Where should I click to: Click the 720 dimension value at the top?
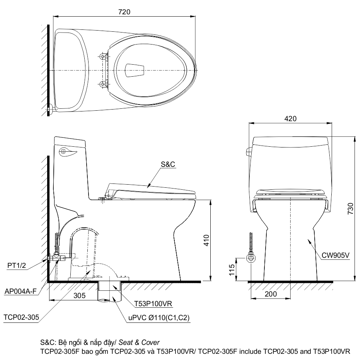point(124,12)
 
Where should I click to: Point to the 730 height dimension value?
point(350,208)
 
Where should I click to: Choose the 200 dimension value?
point(270,294)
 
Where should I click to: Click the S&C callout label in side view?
point(168,164)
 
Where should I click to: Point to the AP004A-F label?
point(21,291)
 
